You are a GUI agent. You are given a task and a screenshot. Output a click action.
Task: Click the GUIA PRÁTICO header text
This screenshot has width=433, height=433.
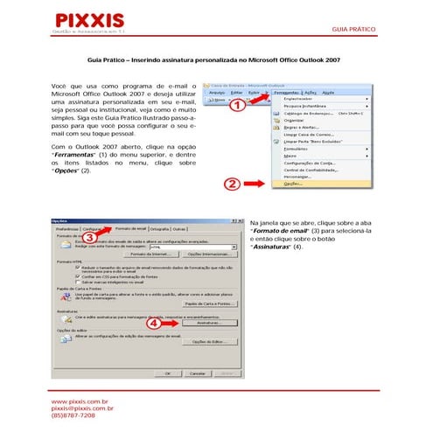click(354, 29)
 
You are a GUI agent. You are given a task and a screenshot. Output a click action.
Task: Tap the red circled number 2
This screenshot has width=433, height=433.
click(231, 185)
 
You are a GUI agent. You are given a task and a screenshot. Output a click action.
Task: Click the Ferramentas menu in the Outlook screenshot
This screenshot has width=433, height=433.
click(283, 92)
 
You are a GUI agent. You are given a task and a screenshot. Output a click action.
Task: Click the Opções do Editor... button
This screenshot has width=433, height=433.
click(207, 342)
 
